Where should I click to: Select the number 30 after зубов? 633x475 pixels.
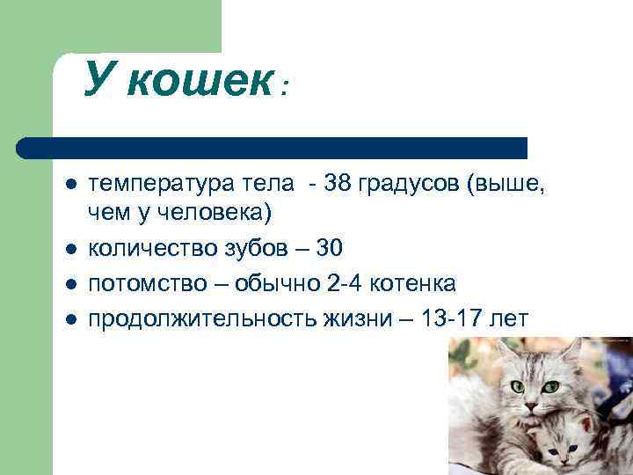pyautogui.click(x=329, y=250)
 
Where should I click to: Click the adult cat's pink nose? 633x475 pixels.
pyautogui.click(x=530, y=405)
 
